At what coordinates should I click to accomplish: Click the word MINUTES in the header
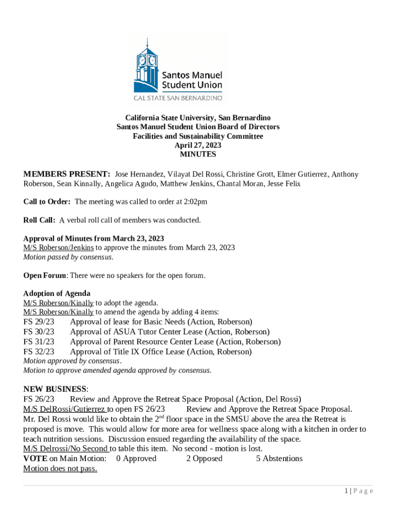tap(198, 154)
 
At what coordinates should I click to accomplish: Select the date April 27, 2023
tap(198, 145)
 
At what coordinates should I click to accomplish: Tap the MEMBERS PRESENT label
tap(67, 174)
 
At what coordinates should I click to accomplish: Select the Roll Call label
tap(39, 220)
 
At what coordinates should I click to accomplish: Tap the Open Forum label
tap(45, 275)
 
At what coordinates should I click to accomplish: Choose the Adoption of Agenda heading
tap(57, 293)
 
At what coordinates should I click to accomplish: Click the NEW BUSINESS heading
tap(56, 389)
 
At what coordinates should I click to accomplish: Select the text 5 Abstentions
tap(279, 459)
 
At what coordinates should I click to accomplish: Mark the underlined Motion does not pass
tap(60, 469)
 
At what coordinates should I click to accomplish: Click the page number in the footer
tap(347, 491)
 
